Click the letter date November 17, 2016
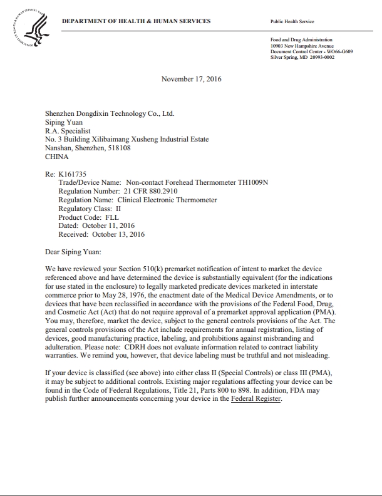point(191,79)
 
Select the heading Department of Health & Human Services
point(137,21)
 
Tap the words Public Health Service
point(291,21)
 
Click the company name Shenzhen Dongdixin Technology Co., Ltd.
point(110,113)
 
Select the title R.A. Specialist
point(68,131)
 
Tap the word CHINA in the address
point(57,157)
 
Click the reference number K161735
point(74,174)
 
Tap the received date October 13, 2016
point(118,235)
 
